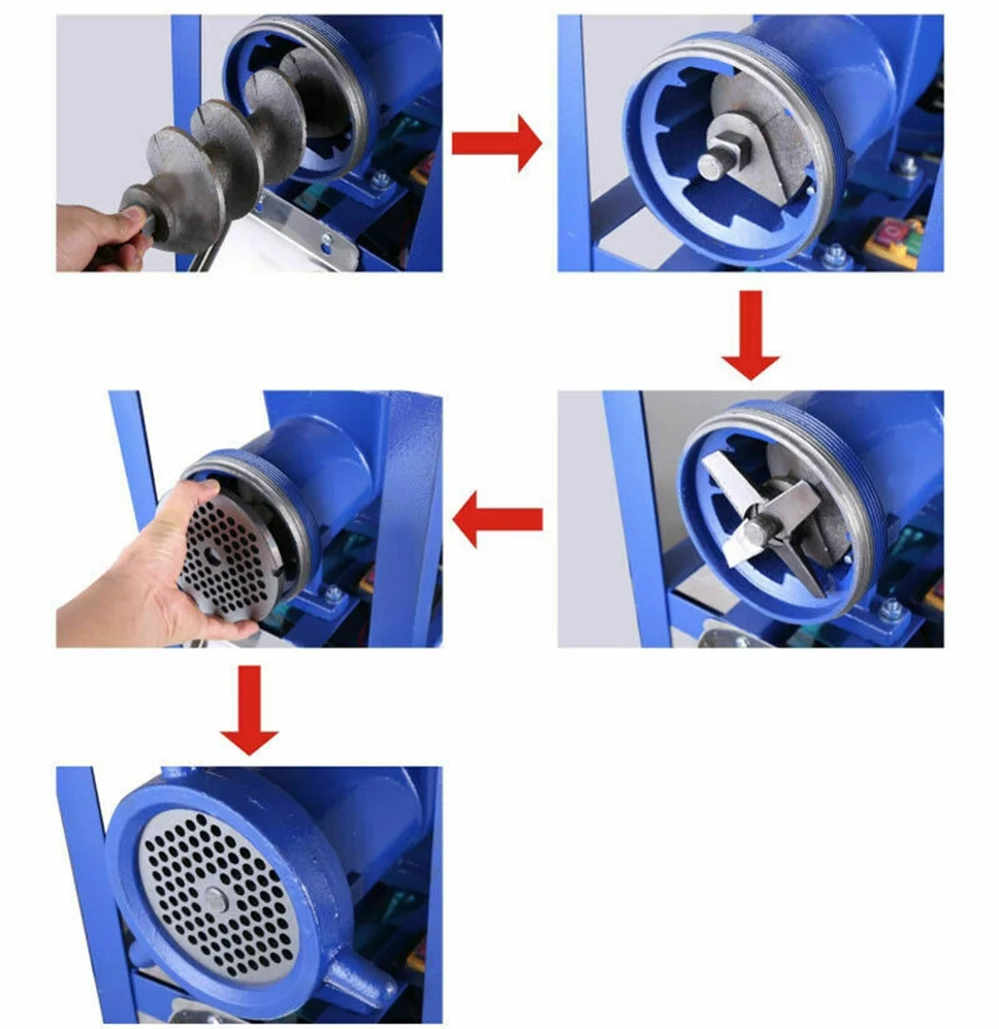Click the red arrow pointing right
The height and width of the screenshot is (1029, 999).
pos(496,144)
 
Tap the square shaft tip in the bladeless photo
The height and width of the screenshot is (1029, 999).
pos(712,164)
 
